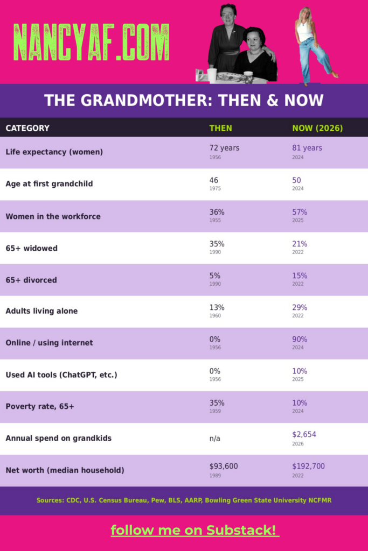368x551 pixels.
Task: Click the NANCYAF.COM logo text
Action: [92, 43]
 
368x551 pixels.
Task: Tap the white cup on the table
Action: [212, 75]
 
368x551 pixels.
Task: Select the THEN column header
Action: [220, 128]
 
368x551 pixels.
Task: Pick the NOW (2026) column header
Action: [317, 128]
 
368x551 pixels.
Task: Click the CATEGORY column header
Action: [27, 128]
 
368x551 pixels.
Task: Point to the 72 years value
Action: [224, 148]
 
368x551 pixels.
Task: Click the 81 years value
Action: [307, 148]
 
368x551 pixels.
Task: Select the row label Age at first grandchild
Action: [49, 184]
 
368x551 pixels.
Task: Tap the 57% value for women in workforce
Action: [300, 212]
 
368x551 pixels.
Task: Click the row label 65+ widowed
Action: [31, 248]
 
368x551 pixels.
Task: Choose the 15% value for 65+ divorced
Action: [300, 276]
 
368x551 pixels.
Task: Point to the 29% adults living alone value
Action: [300, 307]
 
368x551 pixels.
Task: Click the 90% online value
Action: [300, 340]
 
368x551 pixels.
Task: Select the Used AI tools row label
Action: [61, 375]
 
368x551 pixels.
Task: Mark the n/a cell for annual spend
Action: [214, 439]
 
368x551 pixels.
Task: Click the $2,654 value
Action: [304, 435]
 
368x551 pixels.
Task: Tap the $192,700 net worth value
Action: [308, 467]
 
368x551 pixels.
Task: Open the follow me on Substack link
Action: [195, 530]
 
